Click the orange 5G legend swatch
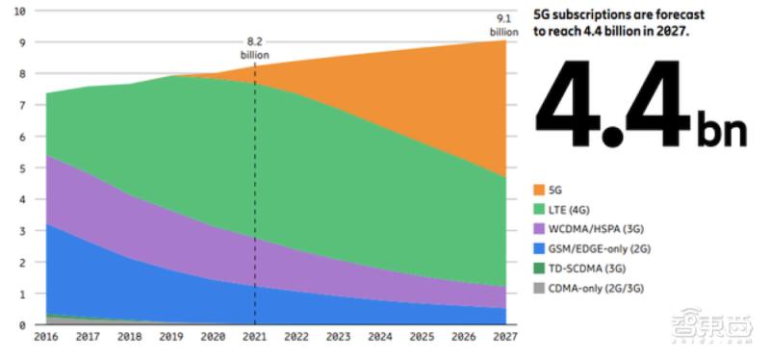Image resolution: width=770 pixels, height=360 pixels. coord(540,190)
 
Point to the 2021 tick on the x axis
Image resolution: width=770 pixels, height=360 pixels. coord(254,337)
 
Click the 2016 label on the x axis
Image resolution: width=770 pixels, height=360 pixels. coord(45,337)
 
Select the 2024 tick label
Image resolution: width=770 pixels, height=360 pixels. coord(380,337)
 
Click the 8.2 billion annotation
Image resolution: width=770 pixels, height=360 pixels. coord(254,48)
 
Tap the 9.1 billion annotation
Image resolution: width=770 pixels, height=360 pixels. coord(503,23)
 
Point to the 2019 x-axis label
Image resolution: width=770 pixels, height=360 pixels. coord(171,337)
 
